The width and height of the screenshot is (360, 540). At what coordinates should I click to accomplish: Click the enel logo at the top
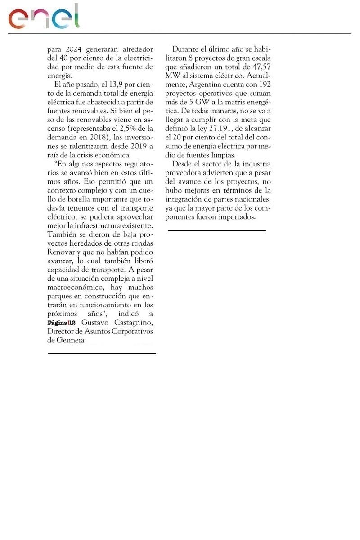click(44, 17)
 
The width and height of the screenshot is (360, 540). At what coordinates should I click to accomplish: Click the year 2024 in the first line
click(72, 49)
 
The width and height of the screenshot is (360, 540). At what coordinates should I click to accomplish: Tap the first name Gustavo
click(95, 323)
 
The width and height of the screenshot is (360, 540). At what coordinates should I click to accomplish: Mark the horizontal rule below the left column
click(102, 354)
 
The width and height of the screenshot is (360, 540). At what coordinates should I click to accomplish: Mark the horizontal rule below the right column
click(217, 230)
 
